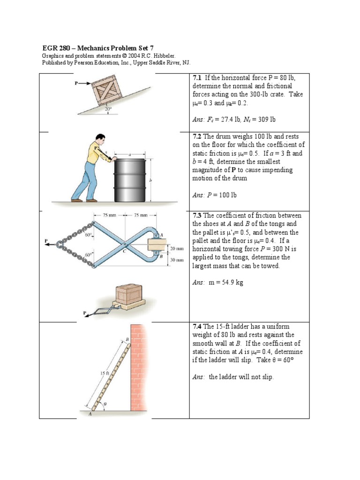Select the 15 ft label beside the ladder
(x=104, y=374)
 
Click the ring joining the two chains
(x=60, y=244)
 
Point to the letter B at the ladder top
(x=127, y=338)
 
